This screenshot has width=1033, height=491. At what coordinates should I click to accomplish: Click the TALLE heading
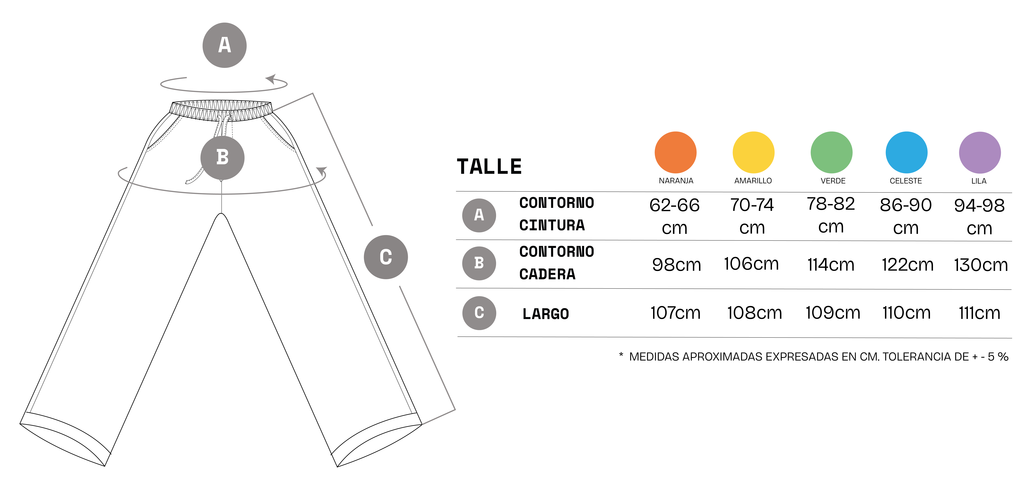[x=489, y=167]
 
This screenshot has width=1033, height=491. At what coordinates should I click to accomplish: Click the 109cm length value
[x=833, y=313]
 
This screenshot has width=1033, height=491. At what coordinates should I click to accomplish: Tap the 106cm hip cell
[x=751, y=264]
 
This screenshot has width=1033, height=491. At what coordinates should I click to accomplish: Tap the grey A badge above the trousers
[x=224, y=45]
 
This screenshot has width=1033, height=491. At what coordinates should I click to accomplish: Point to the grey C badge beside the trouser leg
[x=386, y=257]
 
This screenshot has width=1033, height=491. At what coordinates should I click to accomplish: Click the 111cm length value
[x=980, y=313]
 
